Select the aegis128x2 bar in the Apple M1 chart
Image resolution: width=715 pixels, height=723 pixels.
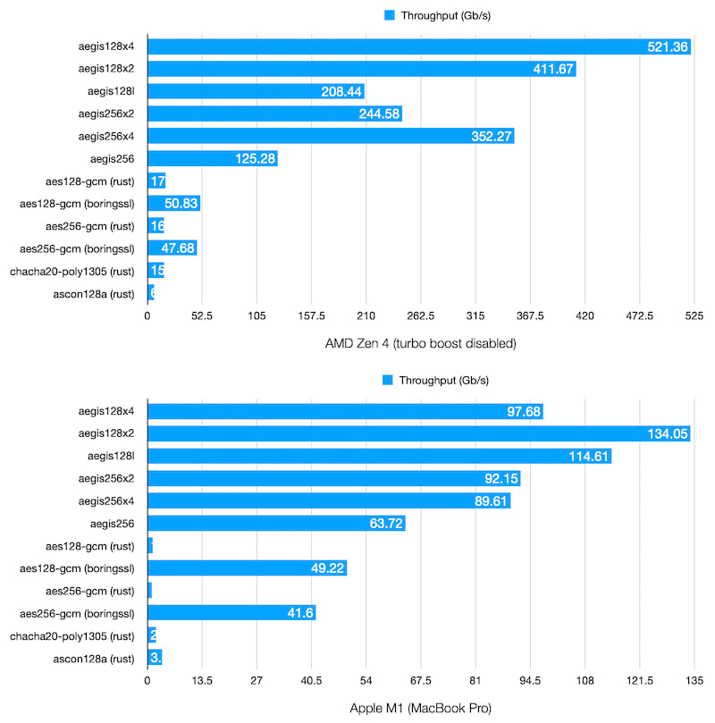point(418,433)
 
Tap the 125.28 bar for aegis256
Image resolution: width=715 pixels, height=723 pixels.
point(212,159)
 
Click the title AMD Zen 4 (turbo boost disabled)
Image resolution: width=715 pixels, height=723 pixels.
point(422,343)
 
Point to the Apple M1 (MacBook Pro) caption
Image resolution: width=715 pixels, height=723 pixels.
point(422,708)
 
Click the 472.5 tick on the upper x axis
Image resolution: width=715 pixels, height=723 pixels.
point(640,315)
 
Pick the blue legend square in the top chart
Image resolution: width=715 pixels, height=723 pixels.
point(389,15)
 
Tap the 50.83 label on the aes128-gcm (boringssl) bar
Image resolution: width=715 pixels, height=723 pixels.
point(181,204)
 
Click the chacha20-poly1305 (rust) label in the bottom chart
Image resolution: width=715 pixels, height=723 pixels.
point(72,636)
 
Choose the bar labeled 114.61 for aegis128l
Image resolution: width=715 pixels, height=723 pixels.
point(379,456)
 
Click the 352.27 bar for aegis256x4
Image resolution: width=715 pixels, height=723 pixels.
point(331,137)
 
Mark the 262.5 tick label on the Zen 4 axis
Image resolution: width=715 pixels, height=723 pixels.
point(421,315)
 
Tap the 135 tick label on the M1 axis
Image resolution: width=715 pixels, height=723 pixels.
point(693,680)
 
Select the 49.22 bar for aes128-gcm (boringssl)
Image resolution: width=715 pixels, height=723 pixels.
point(247,568)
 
